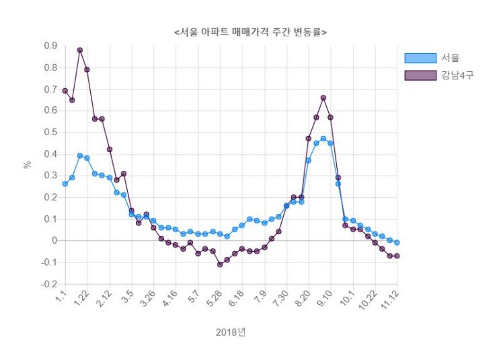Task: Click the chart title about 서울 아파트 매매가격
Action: [250, 32]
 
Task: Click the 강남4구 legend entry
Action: [457, 75]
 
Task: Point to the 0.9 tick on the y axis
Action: [50, 46]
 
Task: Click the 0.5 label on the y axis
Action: [50, 133]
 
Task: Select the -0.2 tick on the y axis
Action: [48, 285]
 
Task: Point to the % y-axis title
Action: [28, 164]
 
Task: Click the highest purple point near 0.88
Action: [80, 50]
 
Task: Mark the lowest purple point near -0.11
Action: [220, 264]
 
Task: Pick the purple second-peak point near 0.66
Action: [323, 98]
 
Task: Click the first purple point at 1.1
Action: [65, 91]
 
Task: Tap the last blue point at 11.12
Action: [397, 242]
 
